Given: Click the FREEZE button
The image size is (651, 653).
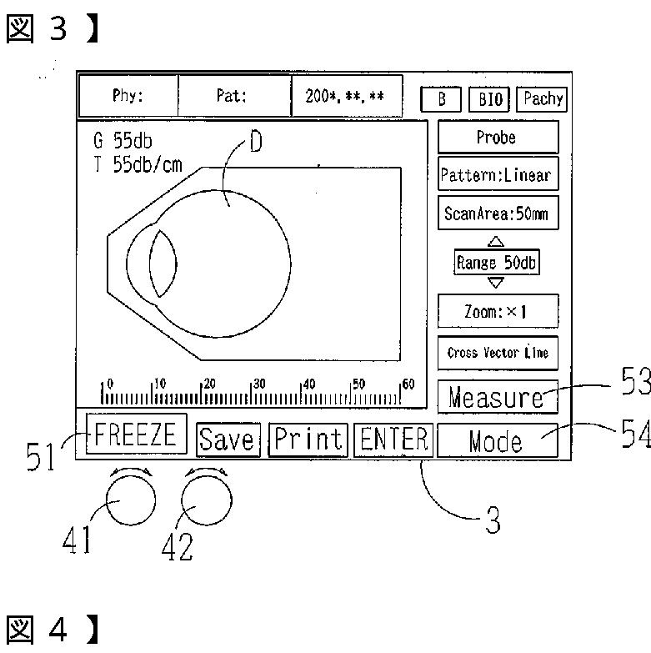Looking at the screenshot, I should pos(136,434).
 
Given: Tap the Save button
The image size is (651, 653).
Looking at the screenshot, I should pos(228,440).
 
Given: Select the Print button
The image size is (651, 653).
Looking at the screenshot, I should pos(308,440).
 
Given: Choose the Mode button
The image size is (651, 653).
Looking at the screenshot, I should pos(498,440).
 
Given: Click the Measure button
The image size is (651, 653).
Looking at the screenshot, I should pos(498,397).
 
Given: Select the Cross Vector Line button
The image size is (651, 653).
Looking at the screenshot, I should pos(498,353).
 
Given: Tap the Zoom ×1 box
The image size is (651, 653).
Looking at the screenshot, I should pos(498,312).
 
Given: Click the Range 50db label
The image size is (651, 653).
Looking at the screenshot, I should pos(498,263).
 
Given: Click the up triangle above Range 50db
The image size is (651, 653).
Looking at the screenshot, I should pos(498,243).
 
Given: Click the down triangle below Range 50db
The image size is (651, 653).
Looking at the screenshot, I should pos(498,282).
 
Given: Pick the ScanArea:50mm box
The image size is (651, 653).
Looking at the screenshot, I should pos(498,213).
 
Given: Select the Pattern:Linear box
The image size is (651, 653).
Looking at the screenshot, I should pos(498,175).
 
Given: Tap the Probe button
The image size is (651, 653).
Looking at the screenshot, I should pos(498,138).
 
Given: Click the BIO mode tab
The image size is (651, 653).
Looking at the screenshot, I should pos(490,99).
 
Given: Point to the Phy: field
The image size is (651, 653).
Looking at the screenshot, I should pos(128,96).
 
